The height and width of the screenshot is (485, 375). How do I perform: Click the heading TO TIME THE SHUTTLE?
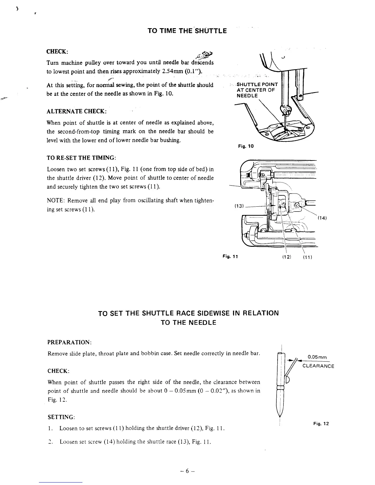(187, 31)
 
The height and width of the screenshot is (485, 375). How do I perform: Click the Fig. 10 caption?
(246, 146)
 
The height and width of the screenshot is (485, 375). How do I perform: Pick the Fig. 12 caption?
(321, 423)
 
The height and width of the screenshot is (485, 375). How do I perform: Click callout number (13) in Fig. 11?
(239, 206)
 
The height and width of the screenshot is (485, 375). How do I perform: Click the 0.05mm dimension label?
(317, 357)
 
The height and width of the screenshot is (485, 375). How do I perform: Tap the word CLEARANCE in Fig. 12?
(318, 366)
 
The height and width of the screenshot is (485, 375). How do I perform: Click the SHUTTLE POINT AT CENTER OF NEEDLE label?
(257, 90)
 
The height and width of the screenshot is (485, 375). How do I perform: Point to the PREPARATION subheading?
(70, 341)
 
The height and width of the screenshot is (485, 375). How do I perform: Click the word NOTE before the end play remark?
(55, 201)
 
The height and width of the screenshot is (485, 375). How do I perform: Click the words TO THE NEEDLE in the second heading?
(188, 322)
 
